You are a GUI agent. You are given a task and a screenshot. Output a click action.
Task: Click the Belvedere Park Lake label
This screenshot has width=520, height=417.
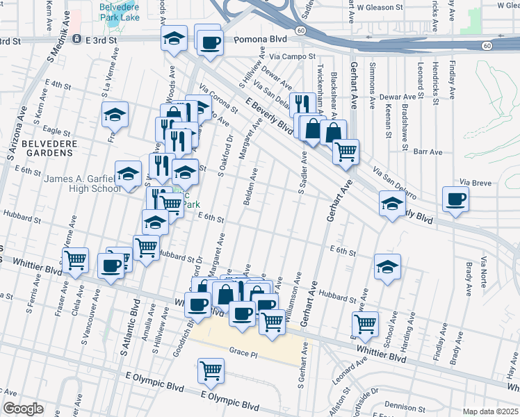[x=119, y=12]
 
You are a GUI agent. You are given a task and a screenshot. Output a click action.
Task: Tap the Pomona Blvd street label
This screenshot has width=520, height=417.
[x=261, y=40]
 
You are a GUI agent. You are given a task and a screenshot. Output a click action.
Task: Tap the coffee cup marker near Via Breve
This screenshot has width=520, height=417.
[x=456, y=199]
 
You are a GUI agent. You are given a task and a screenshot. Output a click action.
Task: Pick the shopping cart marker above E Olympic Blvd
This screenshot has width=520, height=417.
[x=211, y=370]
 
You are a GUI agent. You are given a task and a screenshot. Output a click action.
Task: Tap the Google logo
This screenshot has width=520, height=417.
[x=22, y=409]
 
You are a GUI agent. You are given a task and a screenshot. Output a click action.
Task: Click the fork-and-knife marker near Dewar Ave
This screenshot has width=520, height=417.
[x=302, y=105]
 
